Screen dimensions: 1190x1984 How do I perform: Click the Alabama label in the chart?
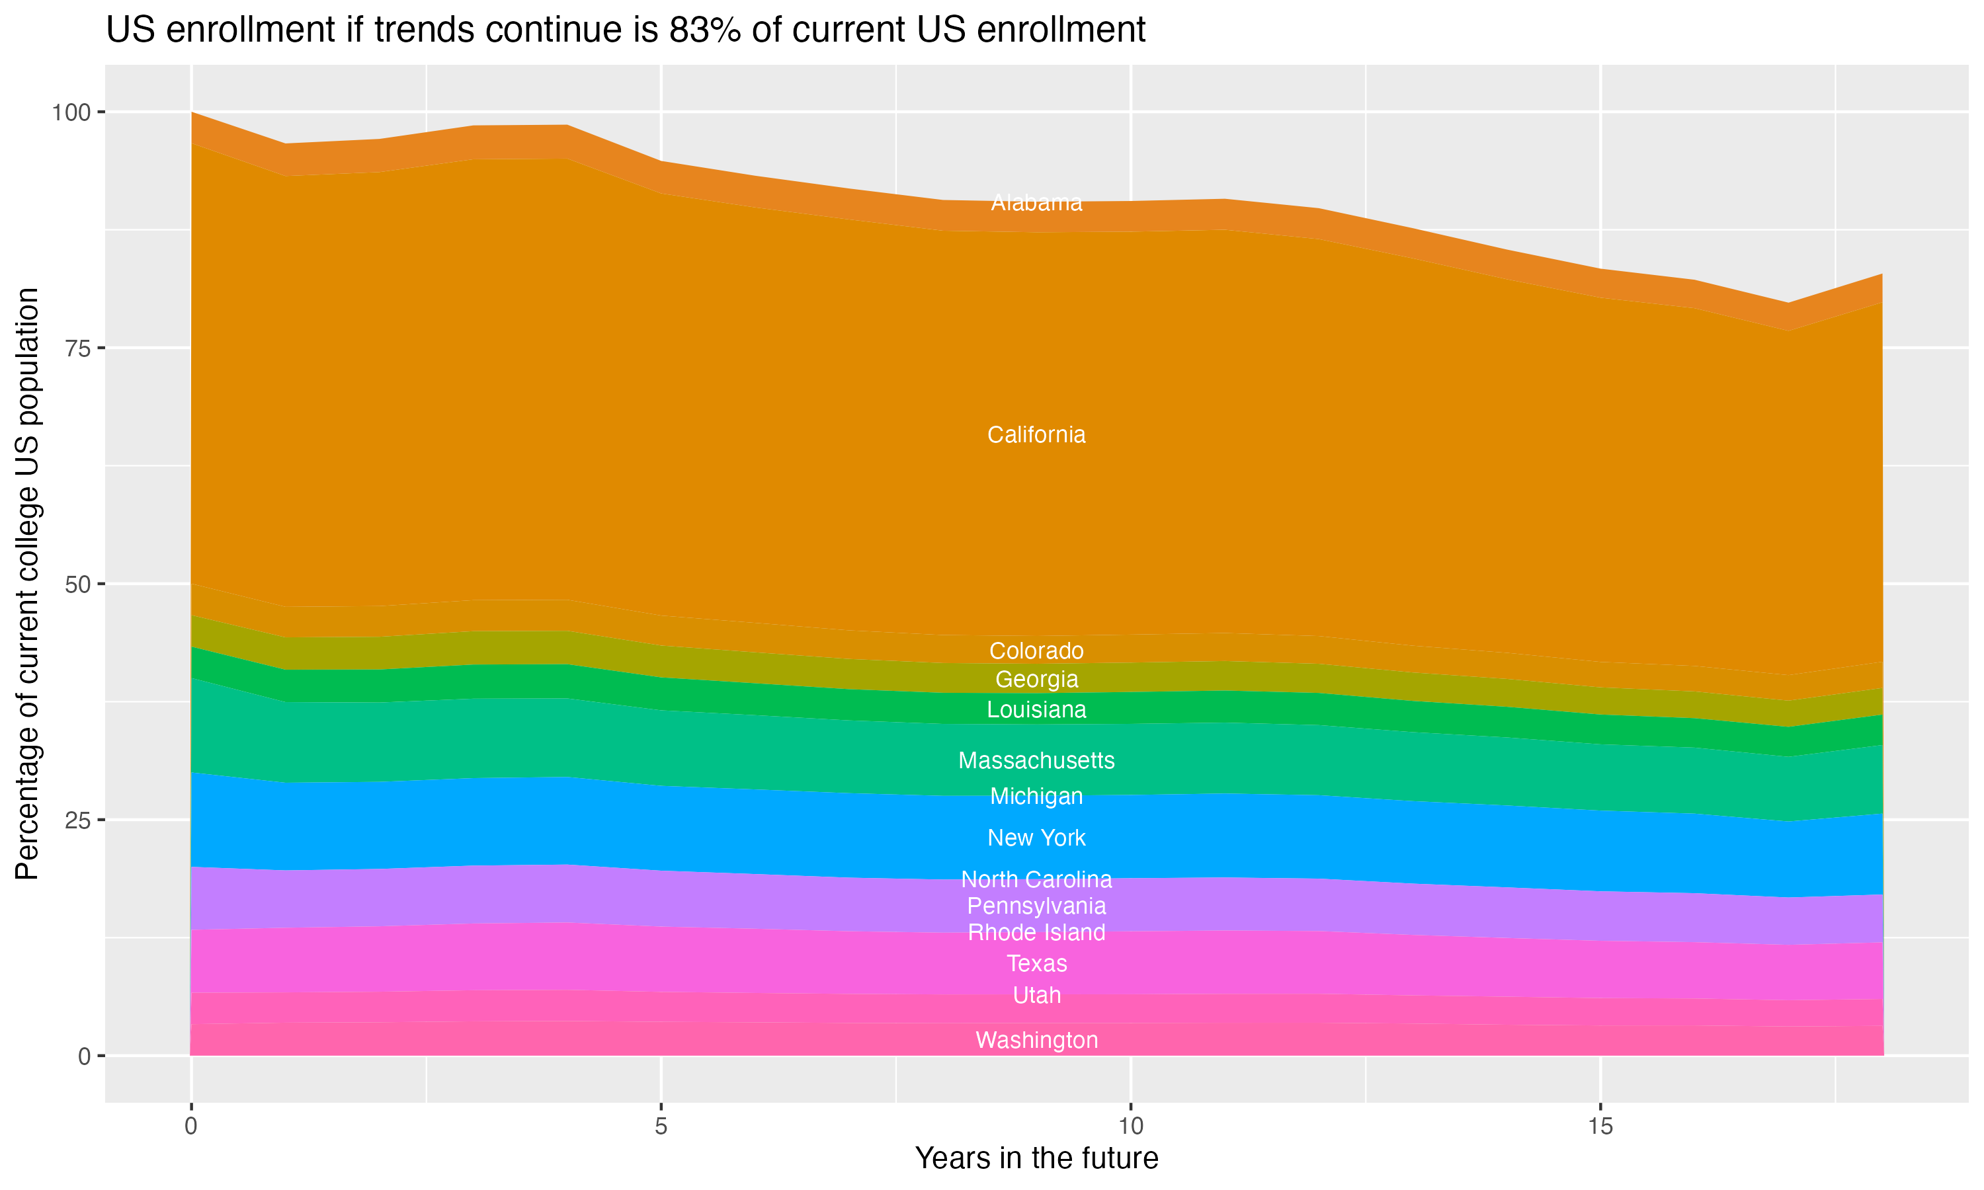1036,203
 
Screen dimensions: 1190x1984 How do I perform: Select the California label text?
1036,434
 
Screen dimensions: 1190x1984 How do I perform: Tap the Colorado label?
1036,651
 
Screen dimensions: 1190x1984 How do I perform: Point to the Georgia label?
1036,679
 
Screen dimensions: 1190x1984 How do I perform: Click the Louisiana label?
1036,709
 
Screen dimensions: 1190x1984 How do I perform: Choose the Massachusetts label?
1036,760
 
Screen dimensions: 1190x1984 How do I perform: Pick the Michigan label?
1036,796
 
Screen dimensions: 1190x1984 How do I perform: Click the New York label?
1036,838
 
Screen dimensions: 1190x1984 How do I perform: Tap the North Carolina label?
1036,880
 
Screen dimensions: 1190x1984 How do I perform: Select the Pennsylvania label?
1036,906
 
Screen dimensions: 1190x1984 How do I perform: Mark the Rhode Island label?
1036,933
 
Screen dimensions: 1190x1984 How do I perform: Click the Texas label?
1036,963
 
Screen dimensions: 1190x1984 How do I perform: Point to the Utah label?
1036,995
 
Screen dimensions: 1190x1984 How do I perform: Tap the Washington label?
1036,1040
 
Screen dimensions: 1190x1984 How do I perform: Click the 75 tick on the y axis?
79,348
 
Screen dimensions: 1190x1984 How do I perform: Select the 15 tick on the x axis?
1600,1127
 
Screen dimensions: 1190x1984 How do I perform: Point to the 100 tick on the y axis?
71,112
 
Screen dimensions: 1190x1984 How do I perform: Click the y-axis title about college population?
27,584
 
